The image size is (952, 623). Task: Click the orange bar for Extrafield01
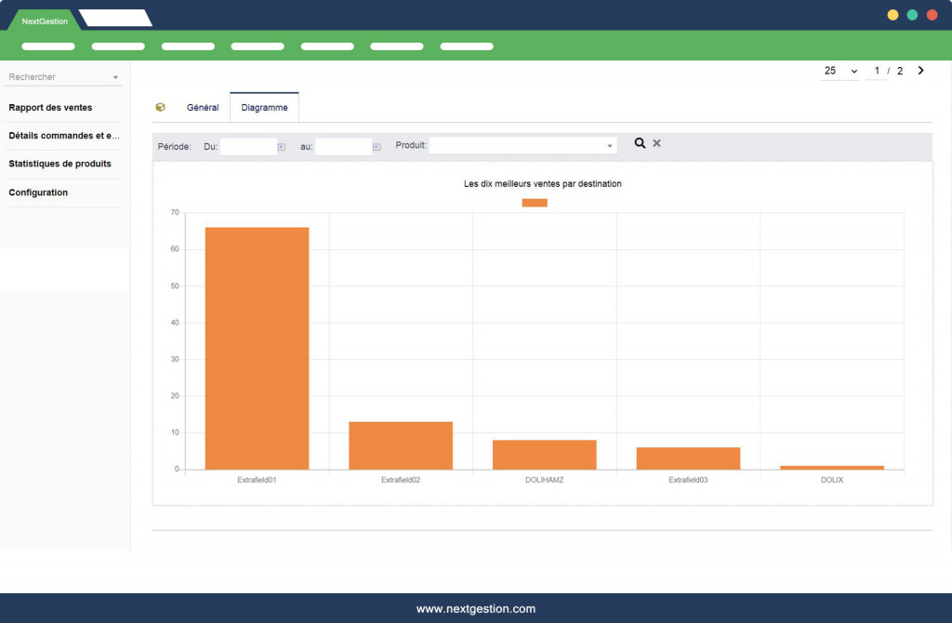click(x=257, y=348)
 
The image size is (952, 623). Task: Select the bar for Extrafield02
click(x=401, y=445)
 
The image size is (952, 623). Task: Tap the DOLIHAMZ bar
click(x=544, y=455)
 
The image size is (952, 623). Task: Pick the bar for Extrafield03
click(x=688, y=458)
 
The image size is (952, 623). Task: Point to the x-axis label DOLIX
click(x=832, y=480)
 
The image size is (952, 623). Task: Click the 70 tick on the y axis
click(x=175, y=213)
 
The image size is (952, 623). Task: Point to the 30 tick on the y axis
click(x=175, y=360)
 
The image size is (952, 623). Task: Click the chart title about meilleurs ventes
click(x=542, y=184)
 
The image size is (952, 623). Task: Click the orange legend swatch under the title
click(x=535, y=203)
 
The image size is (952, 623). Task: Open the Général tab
click(x=203, y=108)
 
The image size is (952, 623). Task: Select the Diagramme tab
click(x=264, y=108)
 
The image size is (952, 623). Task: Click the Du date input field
click(x=248, y=146)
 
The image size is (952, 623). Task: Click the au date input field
click(x=343, y=146)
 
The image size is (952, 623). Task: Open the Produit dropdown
click(x=522, y=146)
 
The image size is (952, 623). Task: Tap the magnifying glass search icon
click(x=640, y=143)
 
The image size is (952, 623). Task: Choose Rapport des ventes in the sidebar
click(x=50, y=108)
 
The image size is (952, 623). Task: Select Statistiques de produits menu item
click(x=59, y=165)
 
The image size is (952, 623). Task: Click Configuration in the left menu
click(x=38, y=192)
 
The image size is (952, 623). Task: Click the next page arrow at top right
click(x=920, y=71)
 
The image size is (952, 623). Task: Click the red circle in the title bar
click(x=932, y=15)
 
